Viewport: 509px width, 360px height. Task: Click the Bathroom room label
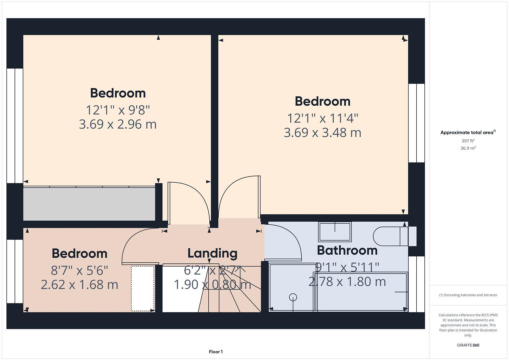pos(347,250)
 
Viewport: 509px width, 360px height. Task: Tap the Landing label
pos(212,253)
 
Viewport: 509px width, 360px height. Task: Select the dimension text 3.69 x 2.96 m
pos(118,124)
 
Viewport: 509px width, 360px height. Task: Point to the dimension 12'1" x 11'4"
pos(323,118)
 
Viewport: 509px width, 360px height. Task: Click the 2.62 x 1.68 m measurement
pos(79,285)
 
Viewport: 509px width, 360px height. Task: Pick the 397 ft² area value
pos(468,141)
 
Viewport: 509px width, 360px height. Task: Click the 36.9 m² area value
pos(468,148)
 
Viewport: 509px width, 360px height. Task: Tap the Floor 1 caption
pos(216,352)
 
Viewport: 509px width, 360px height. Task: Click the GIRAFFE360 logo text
pos(468,345)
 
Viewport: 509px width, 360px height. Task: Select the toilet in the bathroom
pos(393,236)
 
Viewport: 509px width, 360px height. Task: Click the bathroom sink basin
pos(335,232)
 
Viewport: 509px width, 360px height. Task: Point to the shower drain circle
pos(293,297)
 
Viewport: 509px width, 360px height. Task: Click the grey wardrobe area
pos(89,204)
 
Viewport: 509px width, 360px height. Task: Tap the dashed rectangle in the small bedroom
pos(143,288)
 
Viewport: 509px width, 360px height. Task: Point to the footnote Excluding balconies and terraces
pos(468,295)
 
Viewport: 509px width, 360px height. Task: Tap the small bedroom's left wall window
pos(15,271)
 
